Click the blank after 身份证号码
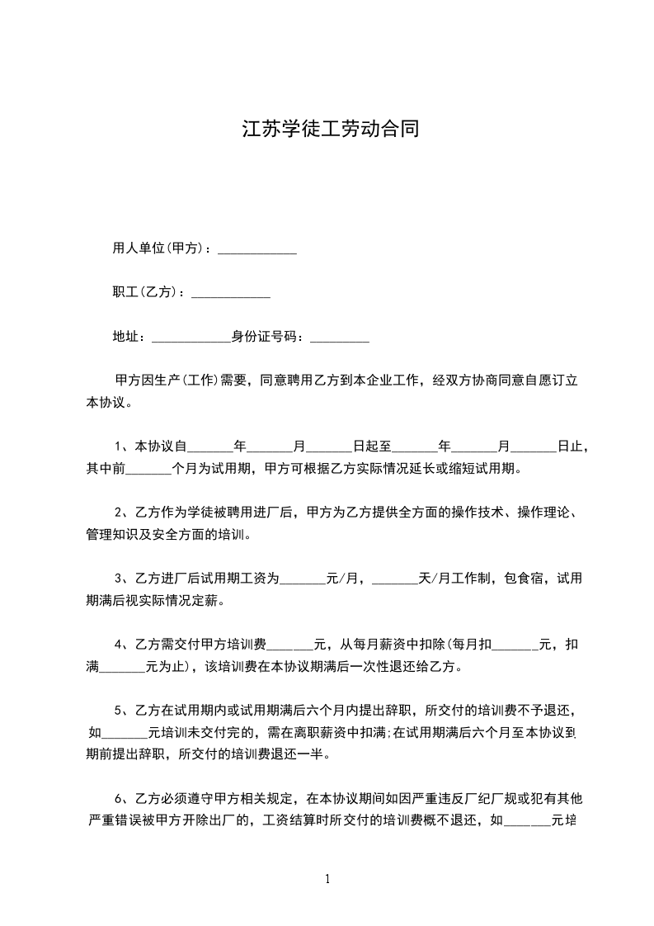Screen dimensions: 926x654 [x=340, y=338]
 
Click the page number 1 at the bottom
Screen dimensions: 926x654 [x=327, y=879]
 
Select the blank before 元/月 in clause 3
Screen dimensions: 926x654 [x=303, y=580]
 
